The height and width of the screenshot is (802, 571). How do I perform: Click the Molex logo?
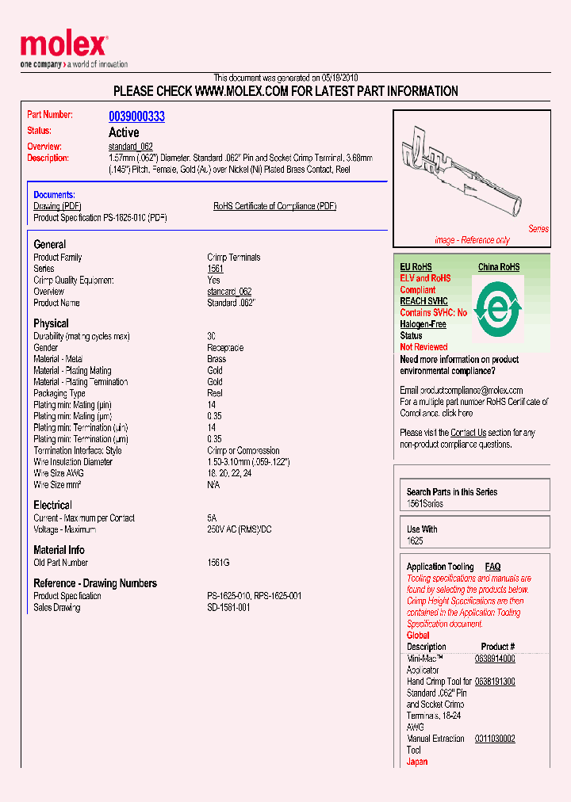point(63,47)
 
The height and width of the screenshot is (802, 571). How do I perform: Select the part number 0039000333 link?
point(136,116)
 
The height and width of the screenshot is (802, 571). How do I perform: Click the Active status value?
point(124,132)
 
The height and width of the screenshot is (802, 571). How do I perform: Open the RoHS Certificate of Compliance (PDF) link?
point(274,206)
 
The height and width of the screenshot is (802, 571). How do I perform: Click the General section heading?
point(49,244)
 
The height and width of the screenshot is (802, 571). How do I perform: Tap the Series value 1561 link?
point(215,269)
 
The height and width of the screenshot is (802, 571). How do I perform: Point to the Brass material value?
point(217,359)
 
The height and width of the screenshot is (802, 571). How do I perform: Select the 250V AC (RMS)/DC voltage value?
point(239,529)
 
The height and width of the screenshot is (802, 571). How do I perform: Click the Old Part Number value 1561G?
point(218,563)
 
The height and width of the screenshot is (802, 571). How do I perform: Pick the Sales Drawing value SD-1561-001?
point(228,608)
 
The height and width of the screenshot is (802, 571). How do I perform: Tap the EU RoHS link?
point(416,267)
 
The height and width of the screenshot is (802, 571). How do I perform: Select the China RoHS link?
point(499,267)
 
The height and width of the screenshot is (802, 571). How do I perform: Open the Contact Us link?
point(468,433)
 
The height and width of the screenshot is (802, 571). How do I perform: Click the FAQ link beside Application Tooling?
point(492,567)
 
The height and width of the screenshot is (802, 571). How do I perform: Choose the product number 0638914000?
point(495,659)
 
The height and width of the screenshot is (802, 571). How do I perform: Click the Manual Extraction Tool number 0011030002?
point(495,739)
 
